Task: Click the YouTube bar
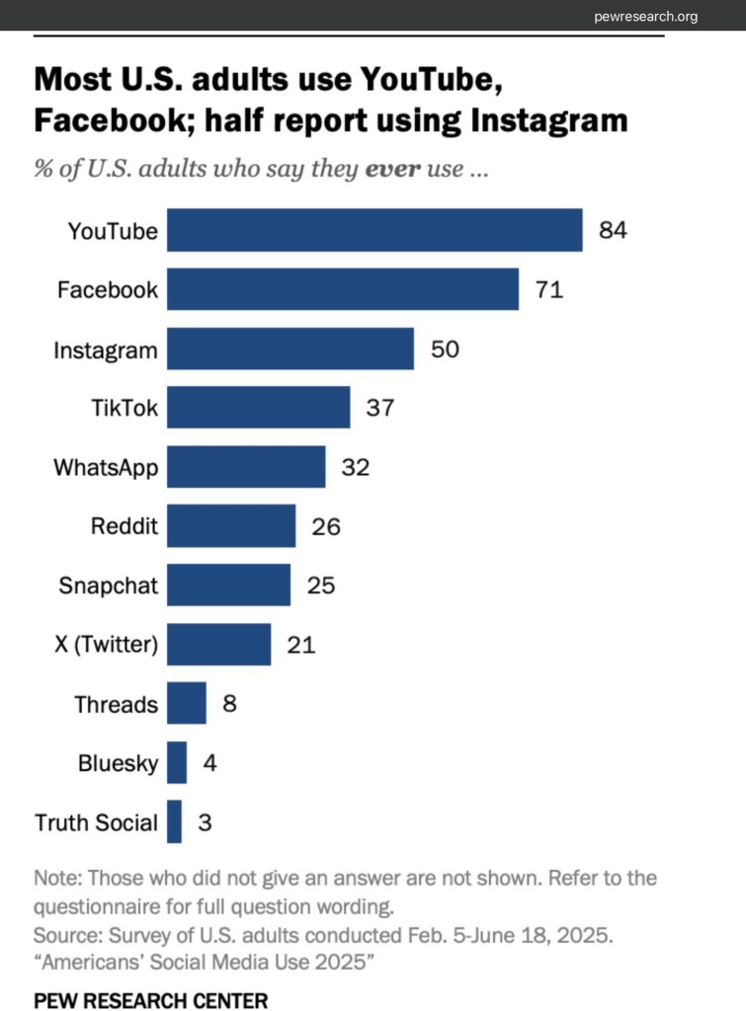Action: (x=373, y=231)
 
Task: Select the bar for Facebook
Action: (x=342, y=290)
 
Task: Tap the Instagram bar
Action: (x=290, y=350)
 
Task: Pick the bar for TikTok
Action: (x=258, y=408)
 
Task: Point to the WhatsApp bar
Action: (x=245, y=467)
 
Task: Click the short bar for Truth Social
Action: (x=174, y=821)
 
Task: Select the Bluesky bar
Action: (x=177, y=762)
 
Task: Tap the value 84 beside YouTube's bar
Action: (x=613, y=231)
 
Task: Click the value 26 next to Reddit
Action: (x=325, y=526)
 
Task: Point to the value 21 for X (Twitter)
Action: (x=300, y=645)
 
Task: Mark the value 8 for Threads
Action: (x=229, y=704)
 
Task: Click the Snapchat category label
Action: (x=108, y=585)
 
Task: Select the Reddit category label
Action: (x=124, y=526)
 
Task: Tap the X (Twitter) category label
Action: (x=105, y=645)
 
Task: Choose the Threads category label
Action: (x=116, y=704)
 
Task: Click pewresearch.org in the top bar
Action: (x=646, y=16)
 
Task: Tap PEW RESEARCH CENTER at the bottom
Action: (x=150, y=1000)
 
